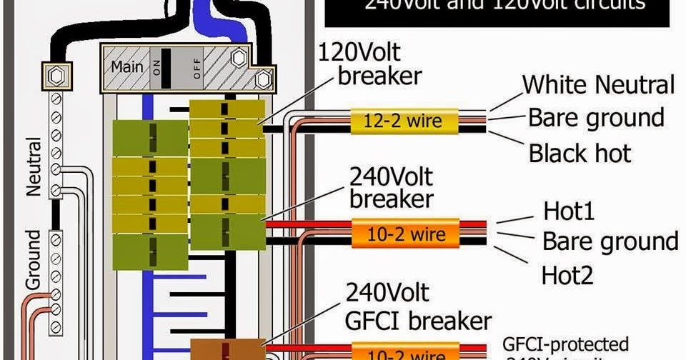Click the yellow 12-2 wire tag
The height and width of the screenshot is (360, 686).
[x=405, y=121]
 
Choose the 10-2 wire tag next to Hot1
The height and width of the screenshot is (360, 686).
[x=404, y=234]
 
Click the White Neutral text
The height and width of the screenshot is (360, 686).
[x=598, y=85]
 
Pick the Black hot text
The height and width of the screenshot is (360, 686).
[x=580, y=152]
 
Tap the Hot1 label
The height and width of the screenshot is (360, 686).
[x=569, y=211]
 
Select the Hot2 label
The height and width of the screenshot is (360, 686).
[x=567, y=274]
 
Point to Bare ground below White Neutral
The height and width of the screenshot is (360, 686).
[x=596, y=117]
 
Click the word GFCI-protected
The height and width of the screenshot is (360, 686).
[x=565, y=344]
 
